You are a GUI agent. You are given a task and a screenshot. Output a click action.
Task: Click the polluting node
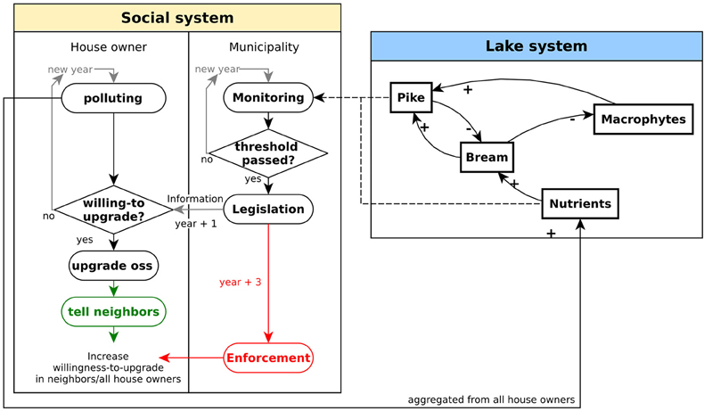[113, 98]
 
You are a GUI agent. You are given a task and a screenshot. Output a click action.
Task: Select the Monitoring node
[268, 97]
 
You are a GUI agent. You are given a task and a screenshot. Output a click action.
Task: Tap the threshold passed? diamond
[268, 153]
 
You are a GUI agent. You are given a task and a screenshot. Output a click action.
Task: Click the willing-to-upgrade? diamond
[113, 210]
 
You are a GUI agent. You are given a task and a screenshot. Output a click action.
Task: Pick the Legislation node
[268, 209]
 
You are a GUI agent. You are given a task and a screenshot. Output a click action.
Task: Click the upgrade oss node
[113, 266]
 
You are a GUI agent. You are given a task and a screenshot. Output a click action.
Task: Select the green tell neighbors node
[113, 312]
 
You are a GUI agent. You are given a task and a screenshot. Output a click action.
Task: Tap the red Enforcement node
[268, 358]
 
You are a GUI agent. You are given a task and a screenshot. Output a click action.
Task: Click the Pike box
[411, 97]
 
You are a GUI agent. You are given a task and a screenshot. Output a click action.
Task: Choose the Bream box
[487, 157]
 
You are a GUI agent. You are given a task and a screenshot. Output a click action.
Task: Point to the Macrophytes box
[643, 119]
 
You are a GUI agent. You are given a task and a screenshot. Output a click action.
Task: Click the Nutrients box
[580, 204]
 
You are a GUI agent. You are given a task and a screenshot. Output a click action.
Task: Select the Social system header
[177, 18]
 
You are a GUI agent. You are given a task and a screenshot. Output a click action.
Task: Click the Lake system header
[536, 45]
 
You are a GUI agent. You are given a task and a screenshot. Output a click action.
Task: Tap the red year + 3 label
[241, 282]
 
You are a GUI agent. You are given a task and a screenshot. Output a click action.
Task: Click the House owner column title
[109, 47]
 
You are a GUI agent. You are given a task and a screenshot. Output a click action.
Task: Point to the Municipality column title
[264, 47]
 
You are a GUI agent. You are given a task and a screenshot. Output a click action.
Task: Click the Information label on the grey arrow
[195, 199]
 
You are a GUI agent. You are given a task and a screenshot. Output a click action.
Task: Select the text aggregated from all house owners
[491, 399]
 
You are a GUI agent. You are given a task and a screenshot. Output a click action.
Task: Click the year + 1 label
[196, 223]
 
